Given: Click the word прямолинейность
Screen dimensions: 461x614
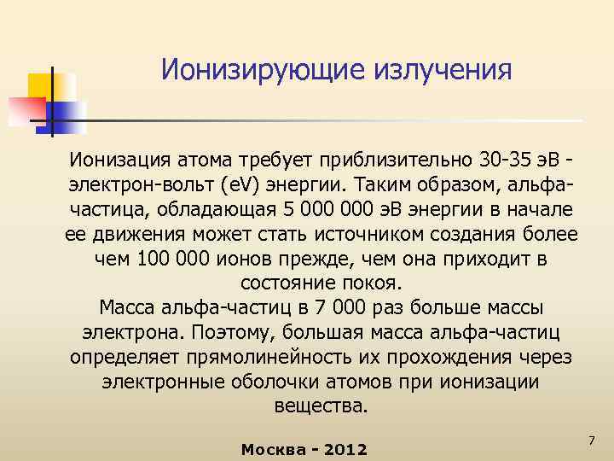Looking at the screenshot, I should tap(262, 356).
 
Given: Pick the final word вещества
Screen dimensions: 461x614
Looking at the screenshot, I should tap(321, 406).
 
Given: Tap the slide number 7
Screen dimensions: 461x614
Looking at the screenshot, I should tap(589, 439).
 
